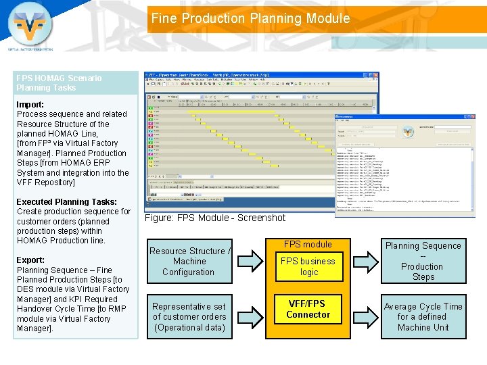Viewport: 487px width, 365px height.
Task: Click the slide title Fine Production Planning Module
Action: (250, 19)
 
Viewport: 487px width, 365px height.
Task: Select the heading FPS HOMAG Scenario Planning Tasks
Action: (60, 82)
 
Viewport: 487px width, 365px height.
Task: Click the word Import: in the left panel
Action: (30, 104)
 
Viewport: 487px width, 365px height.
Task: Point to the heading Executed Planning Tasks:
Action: (66, 201)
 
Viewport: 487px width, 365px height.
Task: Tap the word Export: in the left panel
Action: (30, 260)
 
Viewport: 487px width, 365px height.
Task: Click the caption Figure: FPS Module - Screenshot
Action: (215, 218)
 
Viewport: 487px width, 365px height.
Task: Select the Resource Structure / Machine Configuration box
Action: (189, 262)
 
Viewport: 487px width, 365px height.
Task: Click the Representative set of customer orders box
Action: (189, 316)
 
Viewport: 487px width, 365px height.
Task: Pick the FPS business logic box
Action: (308, 266)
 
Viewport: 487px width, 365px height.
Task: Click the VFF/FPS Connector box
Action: (308, 309)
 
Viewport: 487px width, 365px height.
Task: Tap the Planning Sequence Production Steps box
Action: (423, 261)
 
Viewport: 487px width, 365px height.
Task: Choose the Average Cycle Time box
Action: (423, 316)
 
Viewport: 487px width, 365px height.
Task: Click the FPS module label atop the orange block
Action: (308, 244)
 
